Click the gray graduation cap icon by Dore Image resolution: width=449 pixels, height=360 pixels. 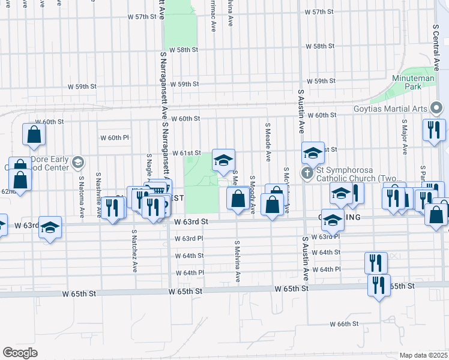(77, 162)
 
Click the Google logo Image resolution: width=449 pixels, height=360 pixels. (20, 352)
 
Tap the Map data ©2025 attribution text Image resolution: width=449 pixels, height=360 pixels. (423, 355)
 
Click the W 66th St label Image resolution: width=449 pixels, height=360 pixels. (344, 324)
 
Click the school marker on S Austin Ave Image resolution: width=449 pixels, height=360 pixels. (313, 154)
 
